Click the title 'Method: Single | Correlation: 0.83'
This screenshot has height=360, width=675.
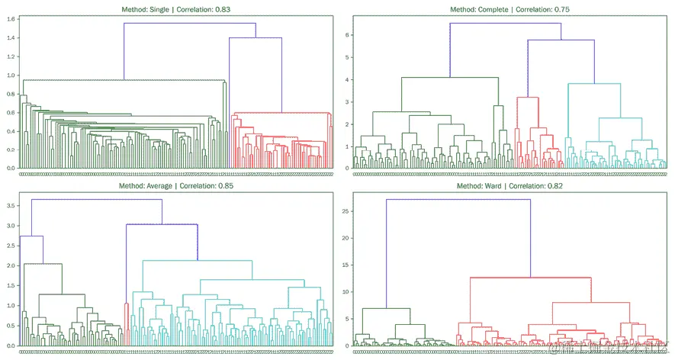coord(175,9)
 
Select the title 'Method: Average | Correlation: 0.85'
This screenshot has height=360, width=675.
coord(175,185)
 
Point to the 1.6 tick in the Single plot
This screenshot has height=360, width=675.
coord(10,18)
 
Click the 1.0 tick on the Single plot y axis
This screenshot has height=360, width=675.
coord(10,75)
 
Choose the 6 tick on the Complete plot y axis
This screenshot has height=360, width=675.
coord(346,35)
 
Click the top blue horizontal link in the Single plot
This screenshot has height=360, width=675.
coord(190,24)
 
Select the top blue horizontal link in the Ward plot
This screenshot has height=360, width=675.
coord(458,200)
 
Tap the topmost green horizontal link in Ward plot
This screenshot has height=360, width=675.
coord(386,308)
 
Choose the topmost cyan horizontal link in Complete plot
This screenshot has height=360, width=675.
coord(594,84)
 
